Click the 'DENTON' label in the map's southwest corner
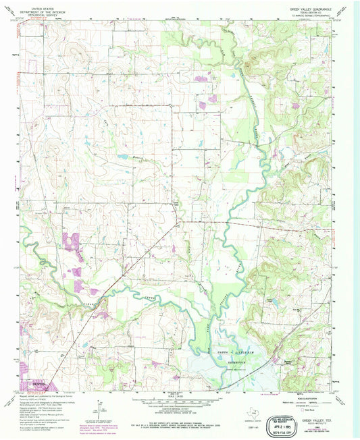coord(41,384)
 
